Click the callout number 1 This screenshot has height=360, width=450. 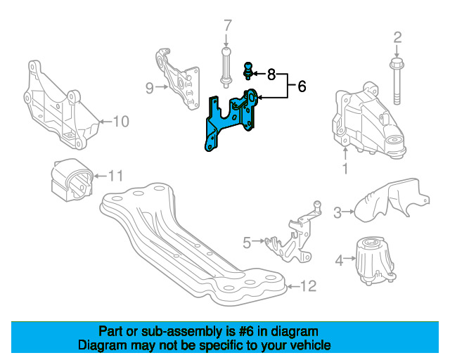[345, 169]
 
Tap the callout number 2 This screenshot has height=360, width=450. [397, 37]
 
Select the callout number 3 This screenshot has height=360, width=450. [337, 212]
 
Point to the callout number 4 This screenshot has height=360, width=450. [339, 261]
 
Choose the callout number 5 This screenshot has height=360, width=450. [246, 243]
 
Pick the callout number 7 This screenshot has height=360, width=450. [227, 27]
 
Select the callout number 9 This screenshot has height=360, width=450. [150, 88]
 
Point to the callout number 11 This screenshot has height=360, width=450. [115, 175]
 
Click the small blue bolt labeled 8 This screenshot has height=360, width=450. [247, 70]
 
